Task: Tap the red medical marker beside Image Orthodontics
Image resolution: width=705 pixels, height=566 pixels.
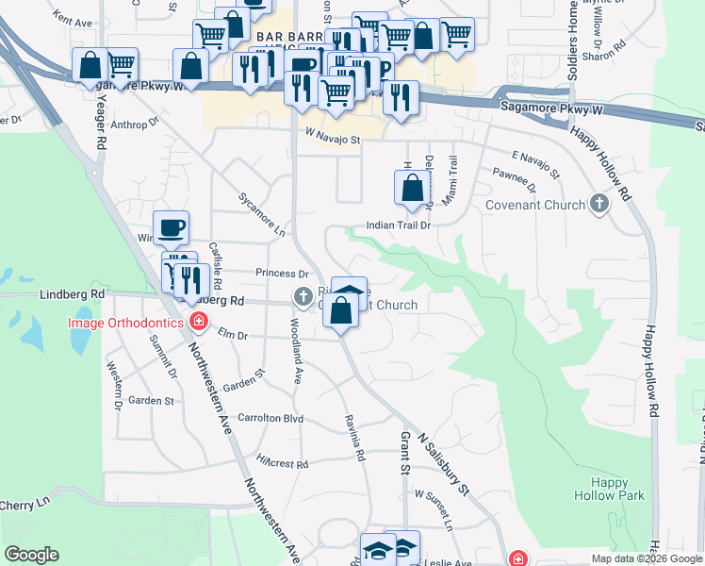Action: (198, 323)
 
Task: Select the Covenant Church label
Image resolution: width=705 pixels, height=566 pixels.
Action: (535, 205)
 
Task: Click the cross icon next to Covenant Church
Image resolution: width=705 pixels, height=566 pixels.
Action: (598, 204)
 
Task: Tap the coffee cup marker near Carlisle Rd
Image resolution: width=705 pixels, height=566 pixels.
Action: (172, 227)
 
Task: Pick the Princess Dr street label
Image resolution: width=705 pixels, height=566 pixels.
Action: (283, 274)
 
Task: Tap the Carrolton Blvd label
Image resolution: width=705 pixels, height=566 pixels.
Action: (271, 417)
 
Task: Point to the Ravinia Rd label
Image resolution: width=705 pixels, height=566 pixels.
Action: (354, 439)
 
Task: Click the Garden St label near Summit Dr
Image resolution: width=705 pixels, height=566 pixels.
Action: (151, 400)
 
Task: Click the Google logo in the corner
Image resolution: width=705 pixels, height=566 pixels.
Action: (31, 555)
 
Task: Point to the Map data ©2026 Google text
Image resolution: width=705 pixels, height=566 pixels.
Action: (647, 558)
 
